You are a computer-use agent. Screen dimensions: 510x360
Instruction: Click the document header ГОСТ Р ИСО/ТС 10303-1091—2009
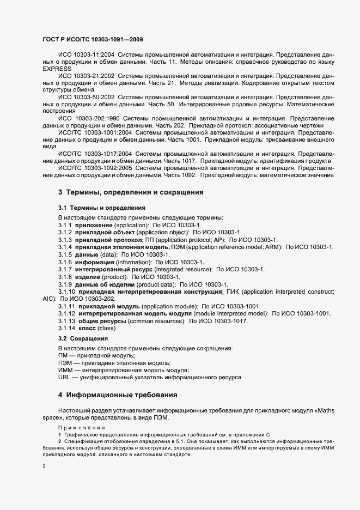(x=93, y=40)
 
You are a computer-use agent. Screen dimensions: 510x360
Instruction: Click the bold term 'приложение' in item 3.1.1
(x=96, y=225)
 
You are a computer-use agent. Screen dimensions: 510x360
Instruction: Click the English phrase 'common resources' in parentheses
(x=161, y=321)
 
